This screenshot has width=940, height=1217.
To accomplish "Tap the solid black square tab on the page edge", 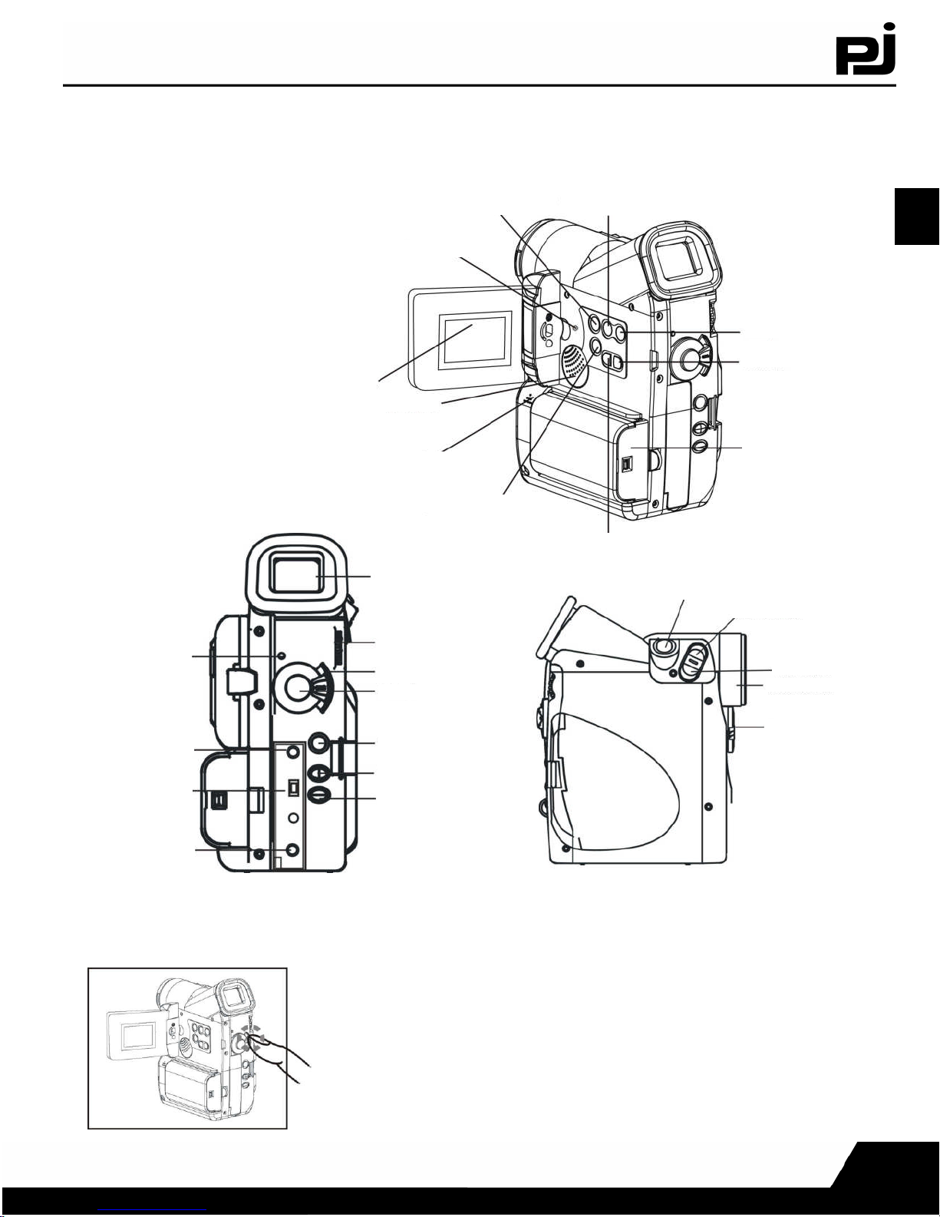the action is [917, 217].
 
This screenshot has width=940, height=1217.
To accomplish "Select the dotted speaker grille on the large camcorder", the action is [573, 364].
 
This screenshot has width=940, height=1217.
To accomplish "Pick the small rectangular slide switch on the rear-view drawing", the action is [293, 789].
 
